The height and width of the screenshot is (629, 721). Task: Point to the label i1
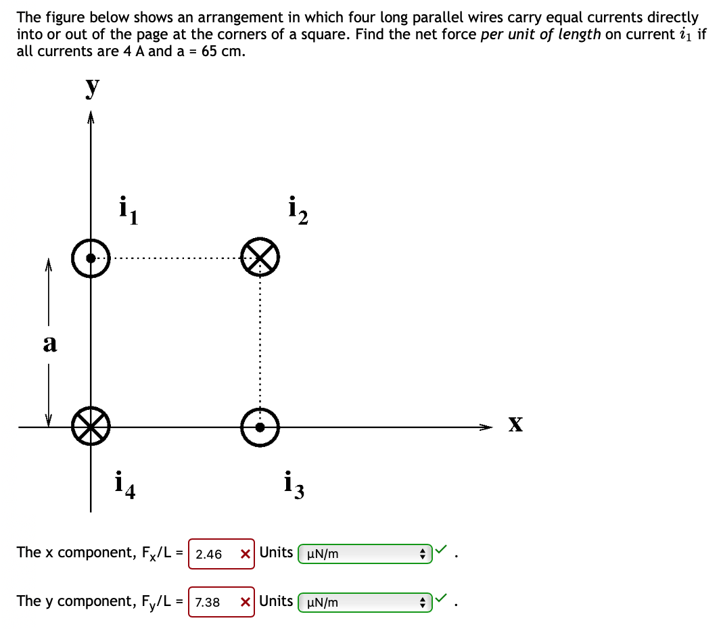tap(127, 210)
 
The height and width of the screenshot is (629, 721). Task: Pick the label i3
tap(295, 485)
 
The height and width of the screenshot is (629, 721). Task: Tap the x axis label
tap(515, 425)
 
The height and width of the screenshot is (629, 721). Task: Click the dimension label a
tap(49, 344)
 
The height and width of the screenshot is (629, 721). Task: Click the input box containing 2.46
tap(210, 554)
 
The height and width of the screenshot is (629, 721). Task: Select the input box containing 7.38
tap(209, 602)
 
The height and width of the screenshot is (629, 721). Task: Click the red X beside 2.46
tap(246, 554)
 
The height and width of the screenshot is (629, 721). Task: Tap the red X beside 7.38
tap(246, 602)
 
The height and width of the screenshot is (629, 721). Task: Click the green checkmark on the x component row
tap(442, 551)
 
